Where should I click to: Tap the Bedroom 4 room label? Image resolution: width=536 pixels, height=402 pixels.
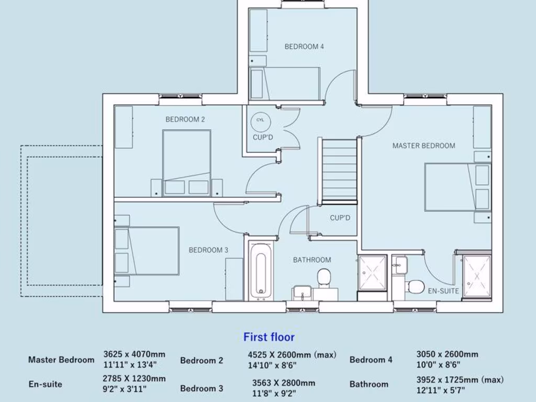(304, 47)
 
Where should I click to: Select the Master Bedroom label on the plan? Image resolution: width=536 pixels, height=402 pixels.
(423, 146)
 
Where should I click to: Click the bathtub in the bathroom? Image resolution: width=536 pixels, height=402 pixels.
(261, 270)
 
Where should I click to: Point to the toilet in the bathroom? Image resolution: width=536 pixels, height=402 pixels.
(324, 277)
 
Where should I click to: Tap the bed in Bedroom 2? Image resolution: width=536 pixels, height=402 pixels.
(186, 163)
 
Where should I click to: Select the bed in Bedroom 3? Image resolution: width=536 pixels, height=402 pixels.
(147, 251)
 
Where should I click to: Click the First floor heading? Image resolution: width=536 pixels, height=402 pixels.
(269, 337)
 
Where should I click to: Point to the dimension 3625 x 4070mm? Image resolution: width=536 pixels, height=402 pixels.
(135, 354)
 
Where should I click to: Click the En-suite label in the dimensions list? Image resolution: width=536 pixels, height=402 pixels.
(46, 384)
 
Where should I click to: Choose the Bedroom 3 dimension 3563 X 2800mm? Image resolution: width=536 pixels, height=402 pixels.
(284, 383)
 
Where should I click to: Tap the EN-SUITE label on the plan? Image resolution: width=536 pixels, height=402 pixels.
(443, 291)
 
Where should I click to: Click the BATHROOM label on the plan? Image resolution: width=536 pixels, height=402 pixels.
(312, 260)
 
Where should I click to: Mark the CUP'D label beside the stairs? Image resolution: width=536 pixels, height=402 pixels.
(340, 218)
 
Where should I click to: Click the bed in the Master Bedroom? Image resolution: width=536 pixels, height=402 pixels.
(457, 187)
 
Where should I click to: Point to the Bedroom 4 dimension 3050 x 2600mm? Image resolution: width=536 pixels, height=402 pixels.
(447, 354)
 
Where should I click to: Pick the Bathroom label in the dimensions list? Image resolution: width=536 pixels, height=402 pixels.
(369, 384)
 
